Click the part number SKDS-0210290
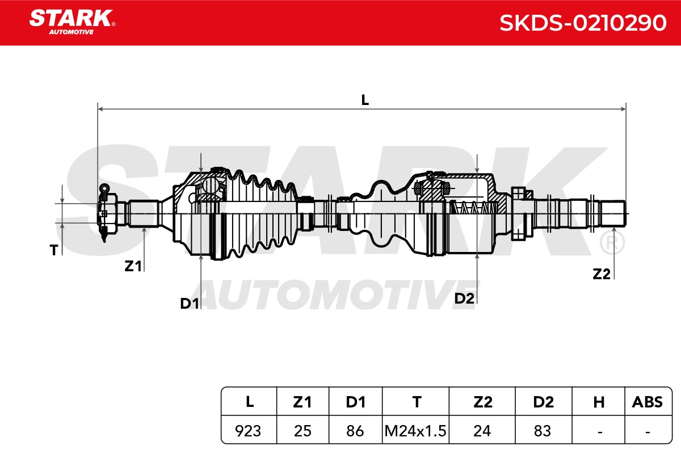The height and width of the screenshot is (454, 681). point(583,23)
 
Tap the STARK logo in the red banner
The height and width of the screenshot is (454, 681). point(72,22)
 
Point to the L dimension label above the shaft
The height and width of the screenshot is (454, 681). point(365,100)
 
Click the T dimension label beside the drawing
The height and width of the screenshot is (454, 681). point(54,250)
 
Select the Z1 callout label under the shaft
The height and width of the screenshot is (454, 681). point(133,266)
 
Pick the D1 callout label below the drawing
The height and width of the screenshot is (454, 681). point(190,303)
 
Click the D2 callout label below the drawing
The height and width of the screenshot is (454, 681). point(464,299)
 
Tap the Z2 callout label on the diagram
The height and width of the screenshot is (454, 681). point(602,274)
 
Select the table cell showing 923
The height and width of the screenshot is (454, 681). point(248,431)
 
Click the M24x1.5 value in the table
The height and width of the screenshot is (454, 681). point(415,431)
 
